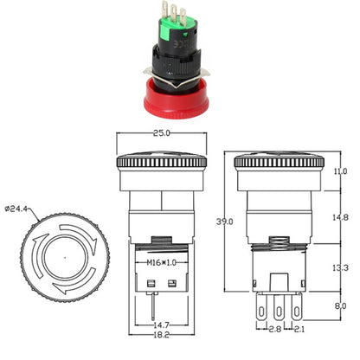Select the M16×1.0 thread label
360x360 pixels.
(158, 262)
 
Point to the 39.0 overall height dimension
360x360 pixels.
(224, 222)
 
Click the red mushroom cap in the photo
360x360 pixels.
(177, 102)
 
